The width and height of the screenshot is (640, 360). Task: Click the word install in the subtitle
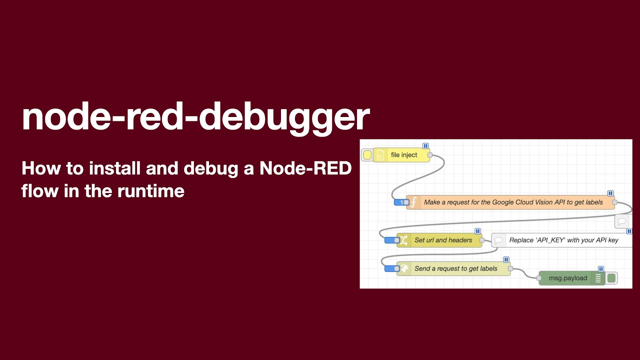115,169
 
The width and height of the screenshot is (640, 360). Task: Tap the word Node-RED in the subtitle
305,169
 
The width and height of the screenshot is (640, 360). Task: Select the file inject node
404,155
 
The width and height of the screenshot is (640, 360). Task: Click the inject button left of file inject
367,155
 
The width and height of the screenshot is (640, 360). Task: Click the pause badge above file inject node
425,146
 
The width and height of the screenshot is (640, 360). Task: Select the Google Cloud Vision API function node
513,202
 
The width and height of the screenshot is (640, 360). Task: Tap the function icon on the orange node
413,202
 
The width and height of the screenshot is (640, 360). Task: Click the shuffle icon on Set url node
403,240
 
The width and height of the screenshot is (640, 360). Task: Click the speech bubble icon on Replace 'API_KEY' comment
498,240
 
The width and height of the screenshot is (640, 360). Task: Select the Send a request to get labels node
455,268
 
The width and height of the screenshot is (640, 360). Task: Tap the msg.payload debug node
568,278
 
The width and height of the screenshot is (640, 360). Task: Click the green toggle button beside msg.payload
611,278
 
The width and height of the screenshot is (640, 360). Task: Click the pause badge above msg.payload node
601,269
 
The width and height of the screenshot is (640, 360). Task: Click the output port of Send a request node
510,268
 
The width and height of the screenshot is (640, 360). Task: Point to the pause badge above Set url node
477,231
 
